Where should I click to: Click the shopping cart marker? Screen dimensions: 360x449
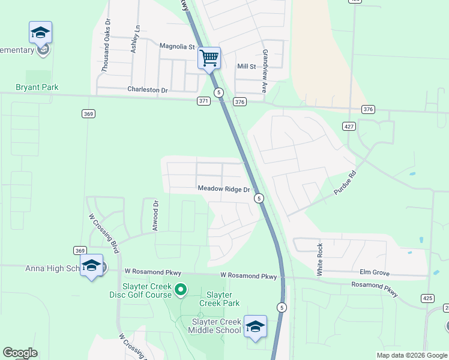tap(209, 59)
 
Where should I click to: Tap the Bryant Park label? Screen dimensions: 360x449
tap(37, 87)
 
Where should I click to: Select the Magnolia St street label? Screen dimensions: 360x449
tap(178, 46)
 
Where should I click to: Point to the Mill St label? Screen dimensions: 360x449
tap(247, 67)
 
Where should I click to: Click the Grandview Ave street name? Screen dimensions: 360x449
tap(264, 71)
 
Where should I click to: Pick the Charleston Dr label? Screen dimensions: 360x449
tap(148, 89)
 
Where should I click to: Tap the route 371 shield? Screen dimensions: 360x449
tap(203, 101)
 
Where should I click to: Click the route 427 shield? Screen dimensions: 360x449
tap(349, 126)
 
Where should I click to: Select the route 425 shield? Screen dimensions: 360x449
tap(427, 298)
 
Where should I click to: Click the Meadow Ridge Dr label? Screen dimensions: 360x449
tap(224, 189)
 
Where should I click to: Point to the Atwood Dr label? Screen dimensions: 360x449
tap(155, 215)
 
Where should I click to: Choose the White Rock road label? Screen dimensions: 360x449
tap(320, 259)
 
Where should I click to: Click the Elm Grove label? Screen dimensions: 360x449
tap(375, 272)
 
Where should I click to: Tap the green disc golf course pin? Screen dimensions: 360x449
tap(181, 291)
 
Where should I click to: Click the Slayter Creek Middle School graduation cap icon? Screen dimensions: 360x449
tap(255, 326)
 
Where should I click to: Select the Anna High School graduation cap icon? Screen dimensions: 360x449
tap(91, 265)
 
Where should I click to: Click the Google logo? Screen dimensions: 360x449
tap(20, 353)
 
